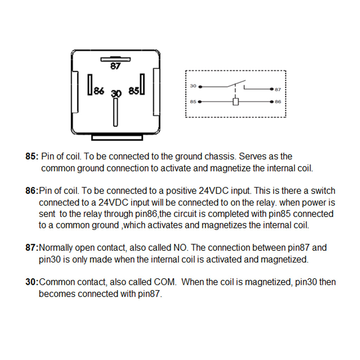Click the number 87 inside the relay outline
pos(115,66)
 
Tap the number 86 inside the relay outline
pos(99,91)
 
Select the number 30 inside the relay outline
pos(116,94)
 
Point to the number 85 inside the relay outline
pos(134,91)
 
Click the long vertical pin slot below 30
pos(115,112)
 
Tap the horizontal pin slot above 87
pos(115,59)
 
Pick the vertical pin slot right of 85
pos(142,84)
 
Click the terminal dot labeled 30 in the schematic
pos(200,86)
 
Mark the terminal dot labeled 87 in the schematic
pos(271,89)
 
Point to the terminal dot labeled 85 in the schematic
pos(200,102)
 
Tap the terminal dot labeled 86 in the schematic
pos(271,102)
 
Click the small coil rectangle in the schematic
pos(236,102)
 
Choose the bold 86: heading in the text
pos(32,191)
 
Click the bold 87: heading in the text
pos(32,248)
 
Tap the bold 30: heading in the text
pos(32,282)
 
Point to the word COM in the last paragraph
pos(163,282)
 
